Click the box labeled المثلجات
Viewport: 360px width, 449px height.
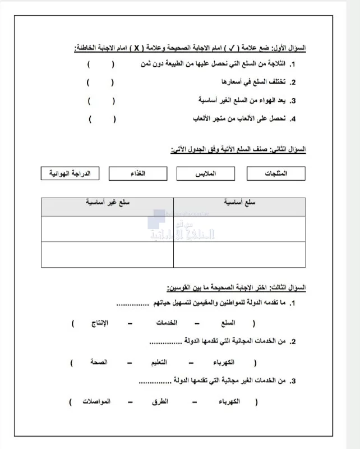(x=276, y=173)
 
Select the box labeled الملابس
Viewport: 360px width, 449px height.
(x=204, y=173)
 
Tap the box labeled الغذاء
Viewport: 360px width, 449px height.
(x=137, y=173)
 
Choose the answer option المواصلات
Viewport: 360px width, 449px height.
(x=96, y=402)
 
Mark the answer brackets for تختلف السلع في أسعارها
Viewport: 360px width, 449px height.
(x=101, y=83)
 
